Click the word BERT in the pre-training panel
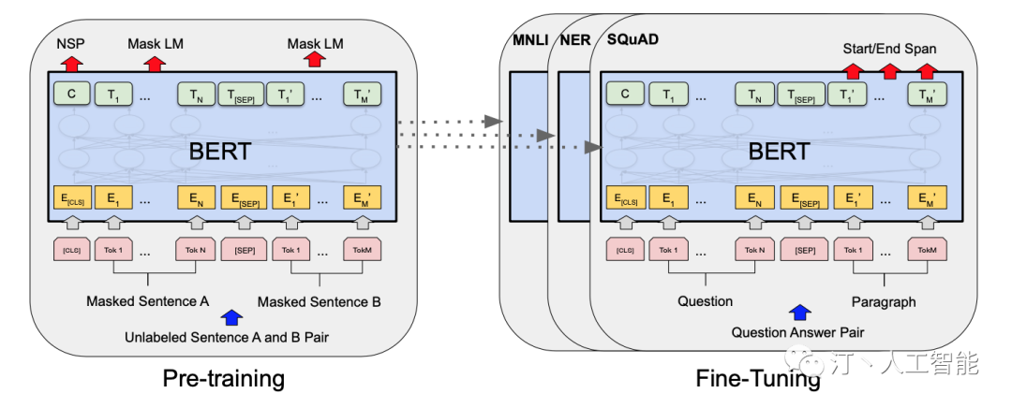point(221,151)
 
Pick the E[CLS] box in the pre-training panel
point(73,198)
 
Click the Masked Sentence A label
point(148,301)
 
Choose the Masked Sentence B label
point(320,301)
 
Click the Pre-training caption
point(223,378)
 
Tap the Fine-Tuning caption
point(758,378)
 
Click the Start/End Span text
point(889,49)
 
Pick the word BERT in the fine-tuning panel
point(779,151)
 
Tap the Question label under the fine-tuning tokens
point(705,301)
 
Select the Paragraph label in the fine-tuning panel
point(884,301)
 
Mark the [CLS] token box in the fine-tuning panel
point(626,250)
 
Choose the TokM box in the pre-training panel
point(363,250)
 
